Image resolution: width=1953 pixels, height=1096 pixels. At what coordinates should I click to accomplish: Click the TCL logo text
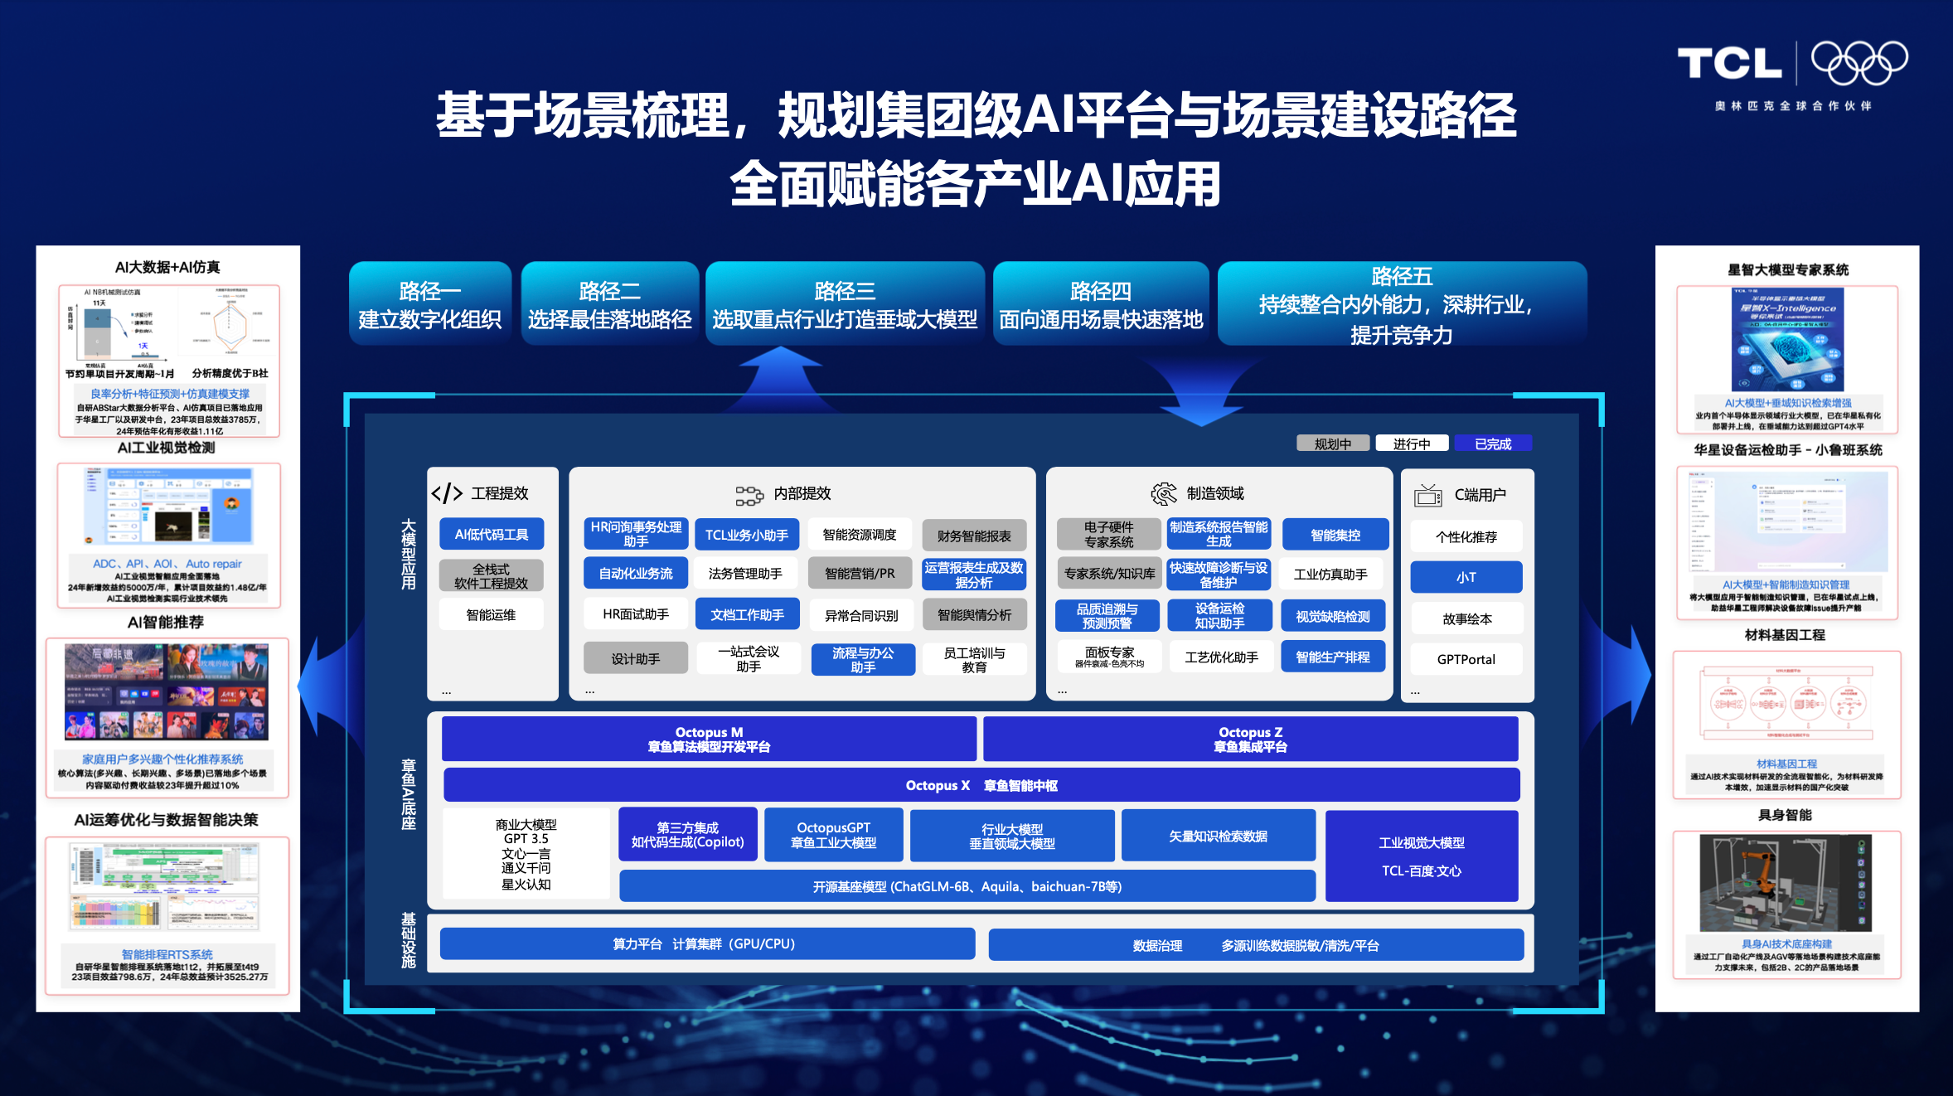coord(1729,64)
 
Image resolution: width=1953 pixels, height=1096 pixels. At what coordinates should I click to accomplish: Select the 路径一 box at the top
coord(429,304)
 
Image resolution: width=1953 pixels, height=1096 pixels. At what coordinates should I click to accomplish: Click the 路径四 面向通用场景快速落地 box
coord(1100,304)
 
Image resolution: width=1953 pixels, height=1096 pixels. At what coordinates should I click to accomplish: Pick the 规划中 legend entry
coord(1332,444)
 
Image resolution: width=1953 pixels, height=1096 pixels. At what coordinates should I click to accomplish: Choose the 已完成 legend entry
coord(1492,444)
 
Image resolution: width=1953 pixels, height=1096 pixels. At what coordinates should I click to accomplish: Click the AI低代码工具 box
coord(491,535)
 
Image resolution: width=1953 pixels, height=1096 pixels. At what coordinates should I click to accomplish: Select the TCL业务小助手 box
coord(746,535)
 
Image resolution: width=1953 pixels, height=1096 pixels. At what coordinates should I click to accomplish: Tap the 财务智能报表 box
coord(973,536)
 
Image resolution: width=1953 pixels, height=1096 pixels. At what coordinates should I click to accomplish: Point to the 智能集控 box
coord(1335,535)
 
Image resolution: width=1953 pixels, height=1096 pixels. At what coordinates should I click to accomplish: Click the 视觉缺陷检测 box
coord(1332,616)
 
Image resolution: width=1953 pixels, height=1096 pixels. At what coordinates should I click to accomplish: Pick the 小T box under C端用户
coord(1466,577)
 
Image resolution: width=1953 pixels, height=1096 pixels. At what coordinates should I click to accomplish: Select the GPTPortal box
coord(1466,659)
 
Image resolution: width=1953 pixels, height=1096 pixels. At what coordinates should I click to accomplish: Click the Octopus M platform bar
coord(709,739)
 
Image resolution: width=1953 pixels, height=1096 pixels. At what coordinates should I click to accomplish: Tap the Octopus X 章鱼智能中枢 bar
coord(981,785)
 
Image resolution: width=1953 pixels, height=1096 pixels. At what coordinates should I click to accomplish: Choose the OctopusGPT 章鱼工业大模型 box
coord(833,835)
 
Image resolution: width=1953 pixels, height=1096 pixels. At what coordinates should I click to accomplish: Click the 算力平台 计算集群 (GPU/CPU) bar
coord(706,943)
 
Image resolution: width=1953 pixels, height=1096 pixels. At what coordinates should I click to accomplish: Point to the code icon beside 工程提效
coord(447,493)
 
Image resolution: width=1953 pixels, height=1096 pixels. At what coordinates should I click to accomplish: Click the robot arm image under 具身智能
coord(1785,883)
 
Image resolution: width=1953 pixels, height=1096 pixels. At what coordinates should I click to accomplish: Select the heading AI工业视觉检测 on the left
coord(166,448)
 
